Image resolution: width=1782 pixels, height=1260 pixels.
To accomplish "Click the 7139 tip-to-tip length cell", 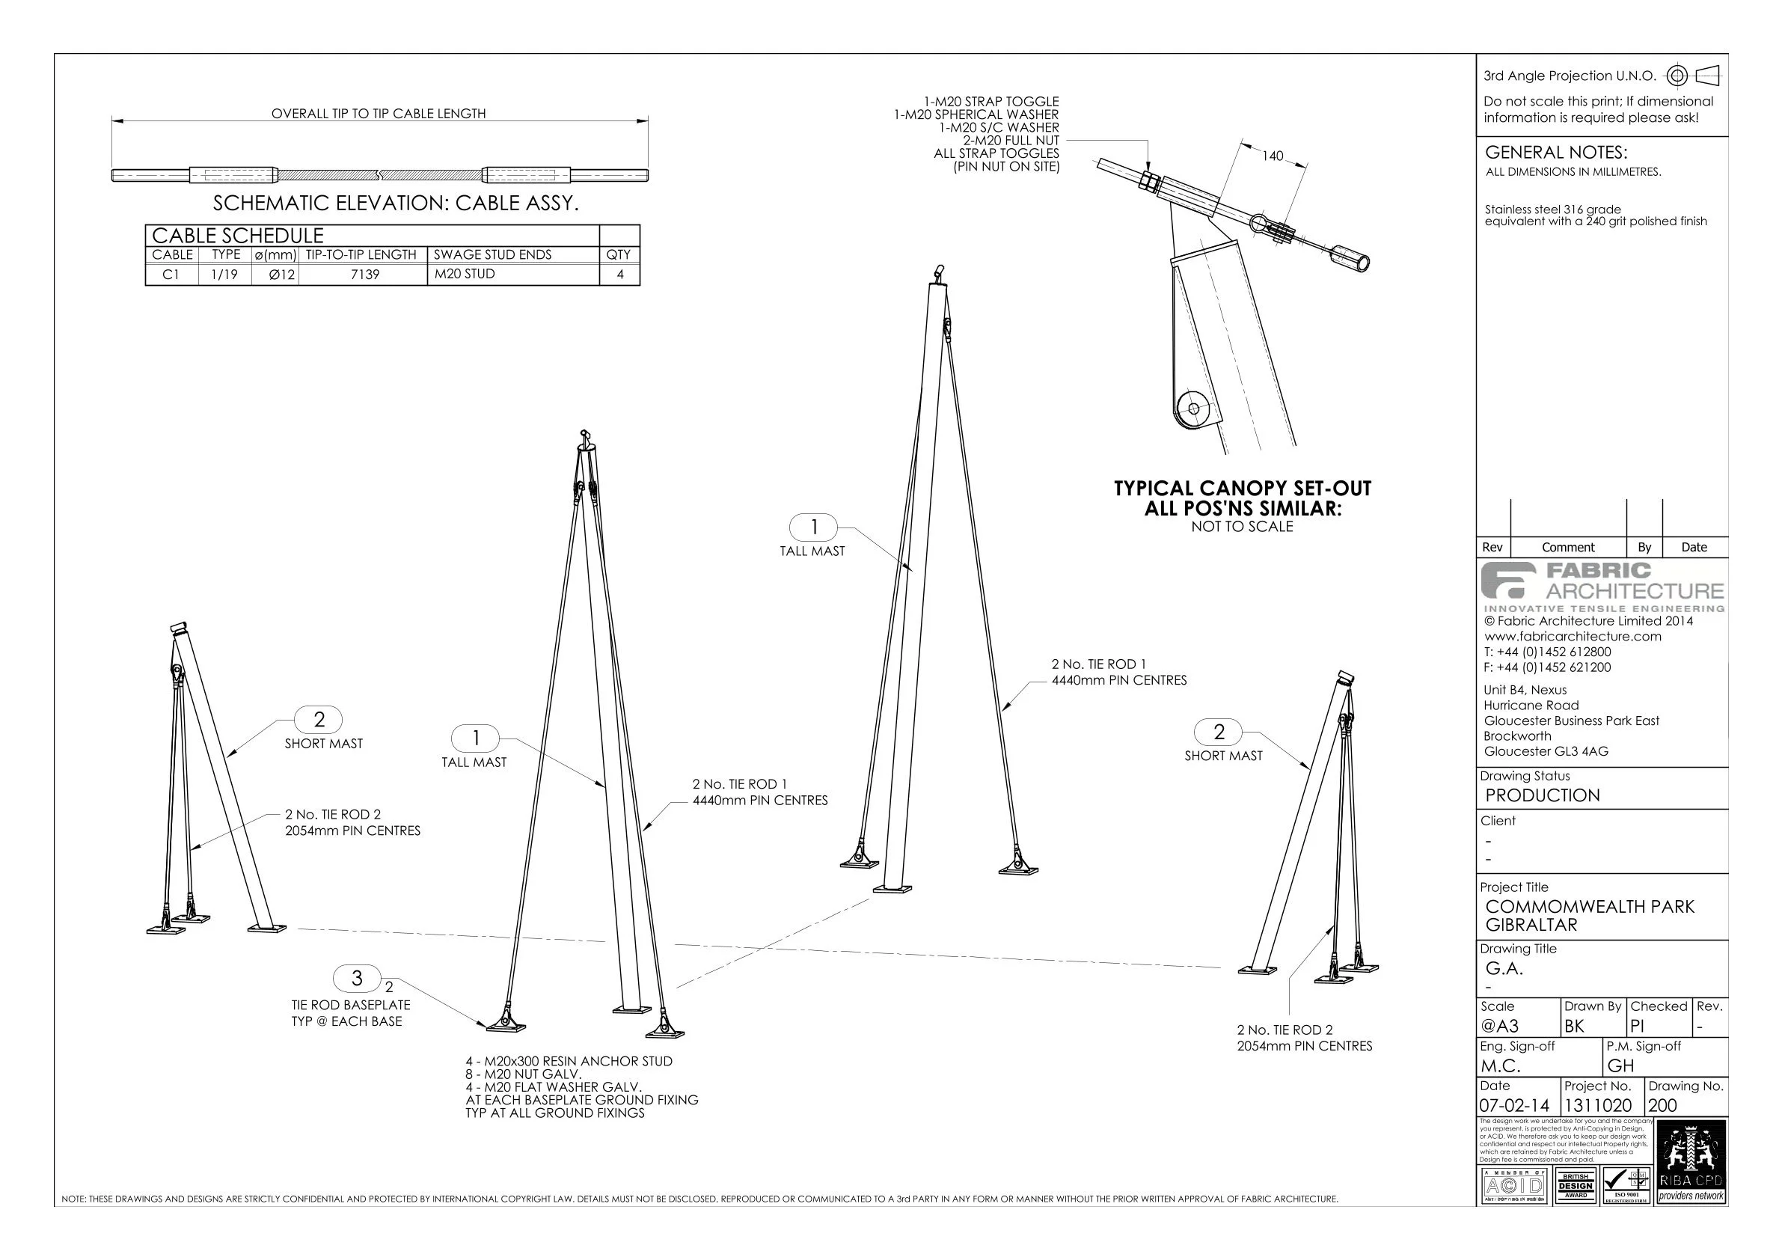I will click(x=365, y=275).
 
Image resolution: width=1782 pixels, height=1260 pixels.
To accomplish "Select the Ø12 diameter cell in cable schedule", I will click(x=281, y=275).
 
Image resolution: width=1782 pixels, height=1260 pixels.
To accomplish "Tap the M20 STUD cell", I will click(x=464, y=274).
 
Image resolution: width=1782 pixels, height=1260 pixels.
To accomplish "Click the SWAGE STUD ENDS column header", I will click(x=492, y=254).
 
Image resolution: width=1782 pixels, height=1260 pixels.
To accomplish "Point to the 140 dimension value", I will click(x=1272, y=156).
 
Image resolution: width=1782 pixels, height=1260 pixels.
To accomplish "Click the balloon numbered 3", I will click(x=357, y=978).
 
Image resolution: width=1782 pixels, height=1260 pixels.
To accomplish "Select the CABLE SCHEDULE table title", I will click(x=237, y=235).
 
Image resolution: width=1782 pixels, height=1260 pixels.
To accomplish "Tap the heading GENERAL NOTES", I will click(x=1555, y=152).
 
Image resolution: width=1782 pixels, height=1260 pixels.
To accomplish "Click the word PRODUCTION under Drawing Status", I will click(x=1542, y=795).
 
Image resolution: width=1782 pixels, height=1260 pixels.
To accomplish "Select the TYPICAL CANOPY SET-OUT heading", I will click(x=1242, y=489).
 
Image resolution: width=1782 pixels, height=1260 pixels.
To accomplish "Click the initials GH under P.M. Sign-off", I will click(x=1620, y=1066).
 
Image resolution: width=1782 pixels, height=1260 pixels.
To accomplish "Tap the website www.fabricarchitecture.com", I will click(x=1573, y=637).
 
